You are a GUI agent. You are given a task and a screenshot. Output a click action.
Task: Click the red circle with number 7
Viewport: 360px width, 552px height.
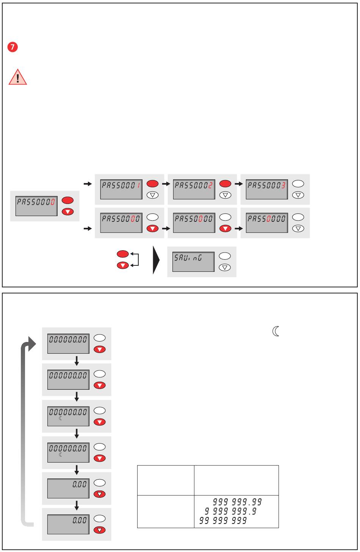coord(13,48)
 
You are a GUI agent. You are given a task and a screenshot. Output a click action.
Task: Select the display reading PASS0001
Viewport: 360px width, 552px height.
coord(121,189)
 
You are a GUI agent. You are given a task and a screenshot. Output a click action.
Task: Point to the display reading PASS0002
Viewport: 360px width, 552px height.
coord(194,189)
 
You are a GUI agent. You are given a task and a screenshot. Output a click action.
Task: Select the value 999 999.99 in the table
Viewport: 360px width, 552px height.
coord(238,502)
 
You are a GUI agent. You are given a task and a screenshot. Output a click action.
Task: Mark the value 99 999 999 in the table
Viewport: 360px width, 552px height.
coord(221,521)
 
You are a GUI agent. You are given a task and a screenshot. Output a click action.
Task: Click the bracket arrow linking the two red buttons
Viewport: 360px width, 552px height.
coord(136,260)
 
